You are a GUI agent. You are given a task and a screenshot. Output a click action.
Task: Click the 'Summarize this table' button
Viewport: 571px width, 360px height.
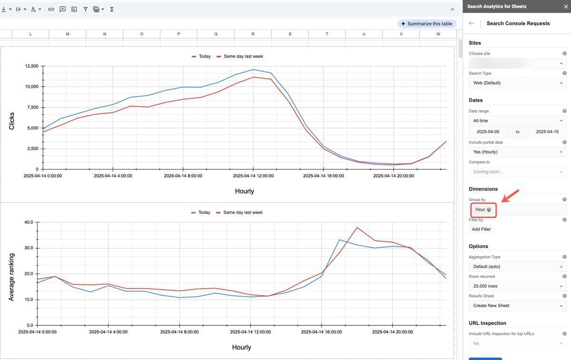(427, 24)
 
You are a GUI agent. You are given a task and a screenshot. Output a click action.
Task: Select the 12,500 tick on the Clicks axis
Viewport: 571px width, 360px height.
(31, 66)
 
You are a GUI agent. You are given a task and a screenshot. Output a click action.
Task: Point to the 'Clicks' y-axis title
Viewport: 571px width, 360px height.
(12, 121)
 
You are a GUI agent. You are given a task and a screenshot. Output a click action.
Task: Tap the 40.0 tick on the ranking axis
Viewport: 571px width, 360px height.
(28, 222)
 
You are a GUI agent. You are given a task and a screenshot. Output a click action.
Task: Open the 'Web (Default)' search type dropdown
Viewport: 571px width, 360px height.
(517, 83)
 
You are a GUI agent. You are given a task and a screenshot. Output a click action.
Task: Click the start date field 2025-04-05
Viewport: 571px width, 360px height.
(488, 132)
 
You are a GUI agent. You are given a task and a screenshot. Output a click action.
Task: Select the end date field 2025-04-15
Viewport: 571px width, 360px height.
(547, 132)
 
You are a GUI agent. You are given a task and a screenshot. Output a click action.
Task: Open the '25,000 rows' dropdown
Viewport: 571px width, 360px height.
(517, 286)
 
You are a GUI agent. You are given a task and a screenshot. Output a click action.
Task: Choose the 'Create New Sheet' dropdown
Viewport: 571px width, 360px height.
(517, 306)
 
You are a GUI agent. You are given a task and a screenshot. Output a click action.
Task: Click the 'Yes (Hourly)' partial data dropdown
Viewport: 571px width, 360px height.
(517, 152)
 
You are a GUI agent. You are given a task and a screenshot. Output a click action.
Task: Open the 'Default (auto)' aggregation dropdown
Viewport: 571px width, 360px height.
(517, 267)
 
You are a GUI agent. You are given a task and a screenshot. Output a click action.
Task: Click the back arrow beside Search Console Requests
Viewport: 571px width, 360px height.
(472, 23)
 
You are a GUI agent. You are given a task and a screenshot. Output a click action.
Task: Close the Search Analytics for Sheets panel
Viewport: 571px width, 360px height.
(563, 7)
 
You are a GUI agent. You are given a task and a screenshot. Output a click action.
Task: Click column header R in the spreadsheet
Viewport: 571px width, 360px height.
(253, 34)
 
